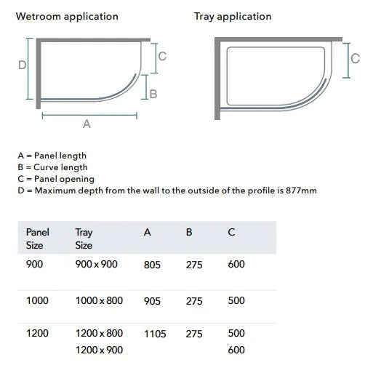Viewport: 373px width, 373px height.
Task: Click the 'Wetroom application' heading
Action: [x=66, y=17]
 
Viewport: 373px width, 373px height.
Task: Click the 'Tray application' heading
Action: [x=233, y=17]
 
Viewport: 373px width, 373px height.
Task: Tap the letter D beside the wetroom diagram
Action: [x=22, y=65]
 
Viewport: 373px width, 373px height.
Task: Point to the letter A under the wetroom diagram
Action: [x=87, y=124]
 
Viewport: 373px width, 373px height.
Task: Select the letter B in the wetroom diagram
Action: [x=153, y=94]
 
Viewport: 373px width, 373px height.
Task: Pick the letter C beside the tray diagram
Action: [x=355, y=59]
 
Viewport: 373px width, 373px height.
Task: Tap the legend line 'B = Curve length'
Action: [x=52, y=167]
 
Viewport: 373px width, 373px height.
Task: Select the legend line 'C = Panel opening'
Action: [x=56, y=179]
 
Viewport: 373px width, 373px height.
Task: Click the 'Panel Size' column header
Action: [x=37, y=238]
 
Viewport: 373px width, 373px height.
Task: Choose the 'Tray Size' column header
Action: [x=84, y=238]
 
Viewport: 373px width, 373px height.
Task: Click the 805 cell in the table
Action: [x=153, y=265]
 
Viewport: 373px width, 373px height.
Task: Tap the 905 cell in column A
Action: [x=153, y=300]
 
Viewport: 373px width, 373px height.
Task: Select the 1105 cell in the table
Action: [x=155, y=334]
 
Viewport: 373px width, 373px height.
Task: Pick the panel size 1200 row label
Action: [x=37, y=334]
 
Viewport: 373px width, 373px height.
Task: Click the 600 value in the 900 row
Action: [x=236, y=265]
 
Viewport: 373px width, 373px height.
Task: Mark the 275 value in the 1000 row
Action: [x=194, y=300]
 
